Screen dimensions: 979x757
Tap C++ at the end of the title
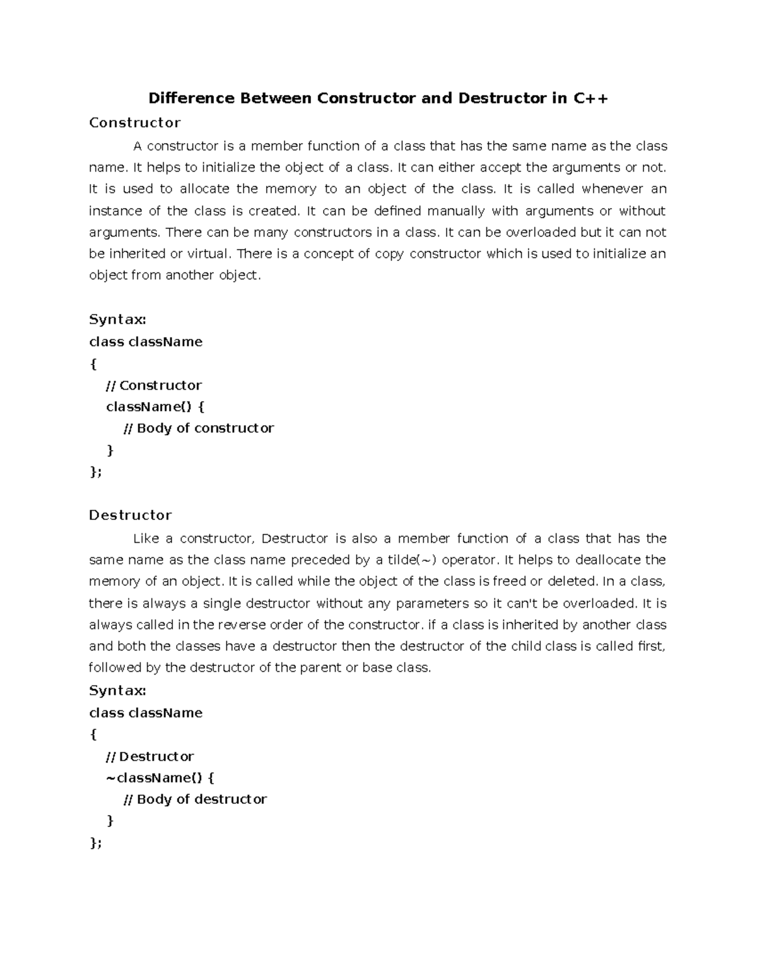(x=590, y=98)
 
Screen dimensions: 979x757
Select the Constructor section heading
(x=135, y=122)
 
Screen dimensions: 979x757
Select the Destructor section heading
(x=131, y=515)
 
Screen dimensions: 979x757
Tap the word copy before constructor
(x=389, y=254)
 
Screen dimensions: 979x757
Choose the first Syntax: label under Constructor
(x=118, y=320)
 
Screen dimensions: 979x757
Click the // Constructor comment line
(x=154, y=385)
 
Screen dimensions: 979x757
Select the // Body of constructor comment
(x=198, y=428)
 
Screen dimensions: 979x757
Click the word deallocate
(x=599, y=560)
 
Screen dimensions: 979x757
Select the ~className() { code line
(x=161, y=778)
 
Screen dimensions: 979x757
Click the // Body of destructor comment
(x=195, y=799)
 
